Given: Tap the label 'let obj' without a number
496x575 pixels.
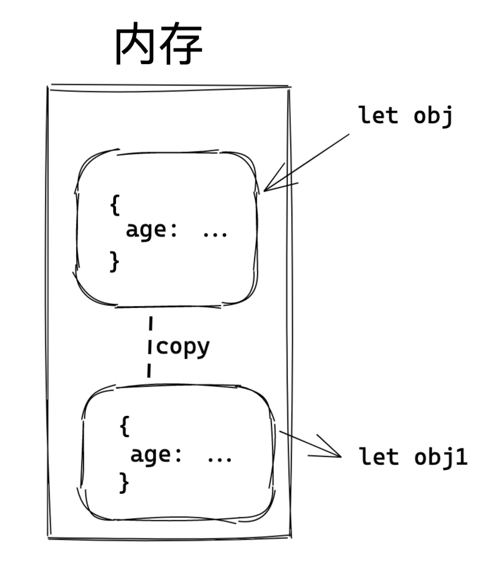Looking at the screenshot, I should (405, 115).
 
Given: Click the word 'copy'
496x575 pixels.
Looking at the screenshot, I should (183, 347).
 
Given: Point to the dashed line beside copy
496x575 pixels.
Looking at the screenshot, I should (150, 347).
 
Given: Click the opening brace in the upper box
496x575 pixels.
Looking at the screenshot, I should (114, 204).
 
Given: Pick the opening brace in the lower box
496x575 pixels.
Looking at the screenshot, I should (124, 426).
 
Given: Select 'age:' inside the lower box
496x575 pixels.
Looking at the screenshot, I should (156, 455).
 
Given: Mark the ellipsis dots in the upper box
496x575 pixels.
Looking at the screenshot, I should (214, 233).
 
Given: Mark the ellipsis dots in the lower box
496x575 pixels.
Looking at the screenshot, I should (220, 458).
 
